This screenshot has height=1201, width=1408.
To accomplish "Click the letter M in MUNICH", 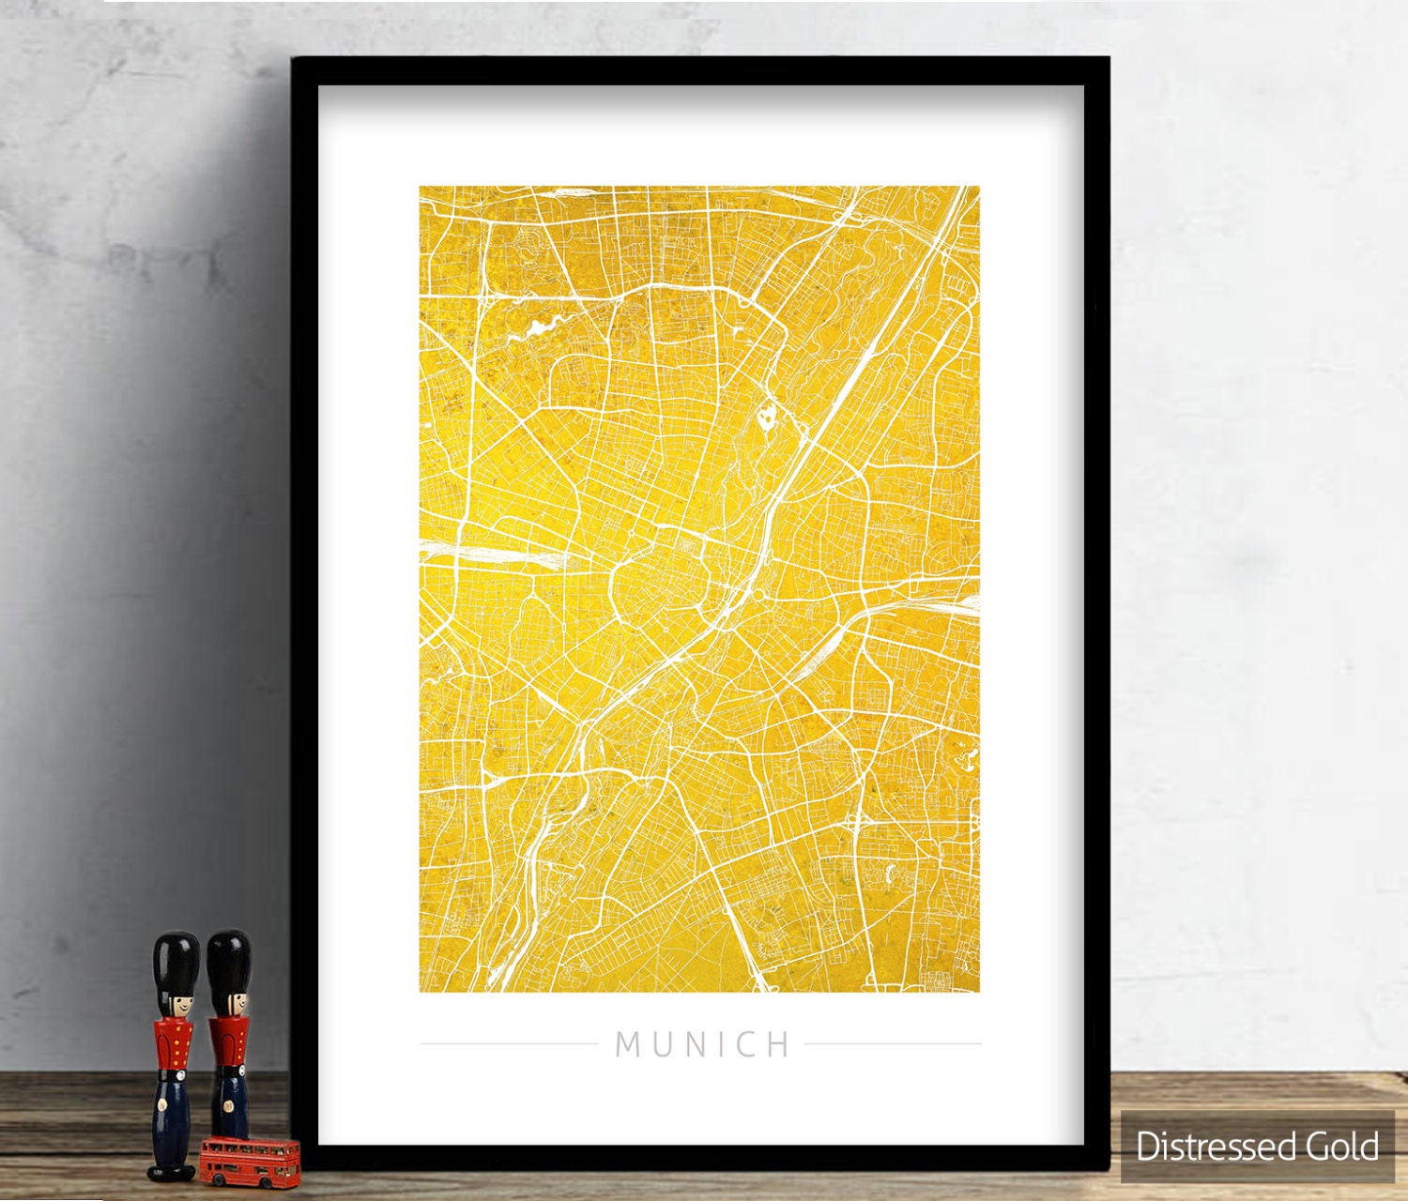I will tap(628, 1044).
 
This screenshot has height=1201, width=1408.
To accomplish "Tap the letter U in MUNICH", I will tap(663, 1044).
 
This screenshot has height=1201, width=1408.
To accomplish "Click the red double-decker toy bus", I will tap(250, 1161).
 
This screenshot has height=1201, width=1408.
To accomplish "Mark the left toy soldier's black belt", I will tap(174, 1070).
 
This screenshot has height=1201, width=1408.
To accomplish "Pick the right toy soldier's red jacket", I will tap(228, 1041).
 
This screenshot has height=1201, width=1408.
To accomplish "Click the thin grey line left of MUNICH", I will tap(508, 1043).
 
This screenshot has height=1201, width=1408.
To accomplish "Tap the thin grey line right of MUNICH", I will tap(893, 1043).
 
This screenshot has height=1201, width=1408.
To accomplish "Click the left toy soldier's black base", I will tap(172, 1171).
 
